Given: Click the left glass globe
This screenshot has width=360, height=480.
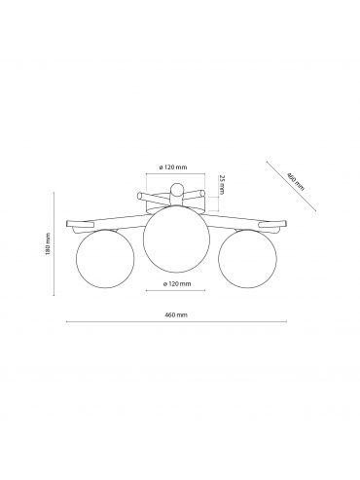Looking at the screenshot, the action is (105, 259).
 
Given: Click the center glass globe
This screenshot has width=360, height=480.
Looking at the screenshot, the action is (175, 242).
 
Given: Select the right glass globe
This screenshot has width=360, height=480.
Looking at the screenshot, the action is (247, 259).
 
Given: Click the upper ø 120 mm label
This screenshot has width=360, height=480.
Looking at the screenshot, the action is (173, 167).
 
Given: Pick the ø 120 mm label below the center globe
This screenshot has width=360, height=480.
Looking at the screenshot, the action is (177, 283).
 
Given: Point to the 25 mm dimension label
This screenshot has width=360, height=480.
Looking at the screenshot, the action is (222, 185).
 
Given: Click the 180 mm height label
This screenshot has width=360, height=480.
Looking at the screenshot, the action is (48, 243).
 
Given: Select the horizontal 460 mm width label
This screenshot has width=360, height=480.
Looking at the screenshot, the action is (176, 314).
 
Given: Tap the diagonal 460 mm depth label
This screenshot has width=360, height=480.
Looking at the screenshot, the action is (295, 181).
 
